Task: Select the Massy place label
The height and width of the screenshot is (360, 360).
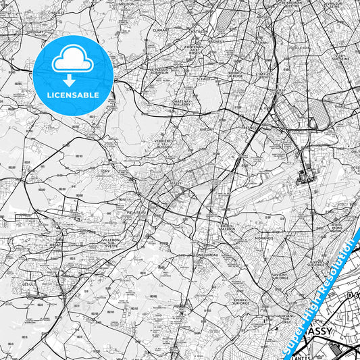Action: (177, 183)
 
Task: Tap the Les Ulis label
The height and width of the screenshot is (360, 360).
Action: (29, 284)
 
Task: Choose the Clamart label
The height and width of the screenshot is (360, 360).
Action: (160, 30)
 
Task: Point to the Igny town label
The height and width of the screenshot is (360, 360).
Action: (105, 172)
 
